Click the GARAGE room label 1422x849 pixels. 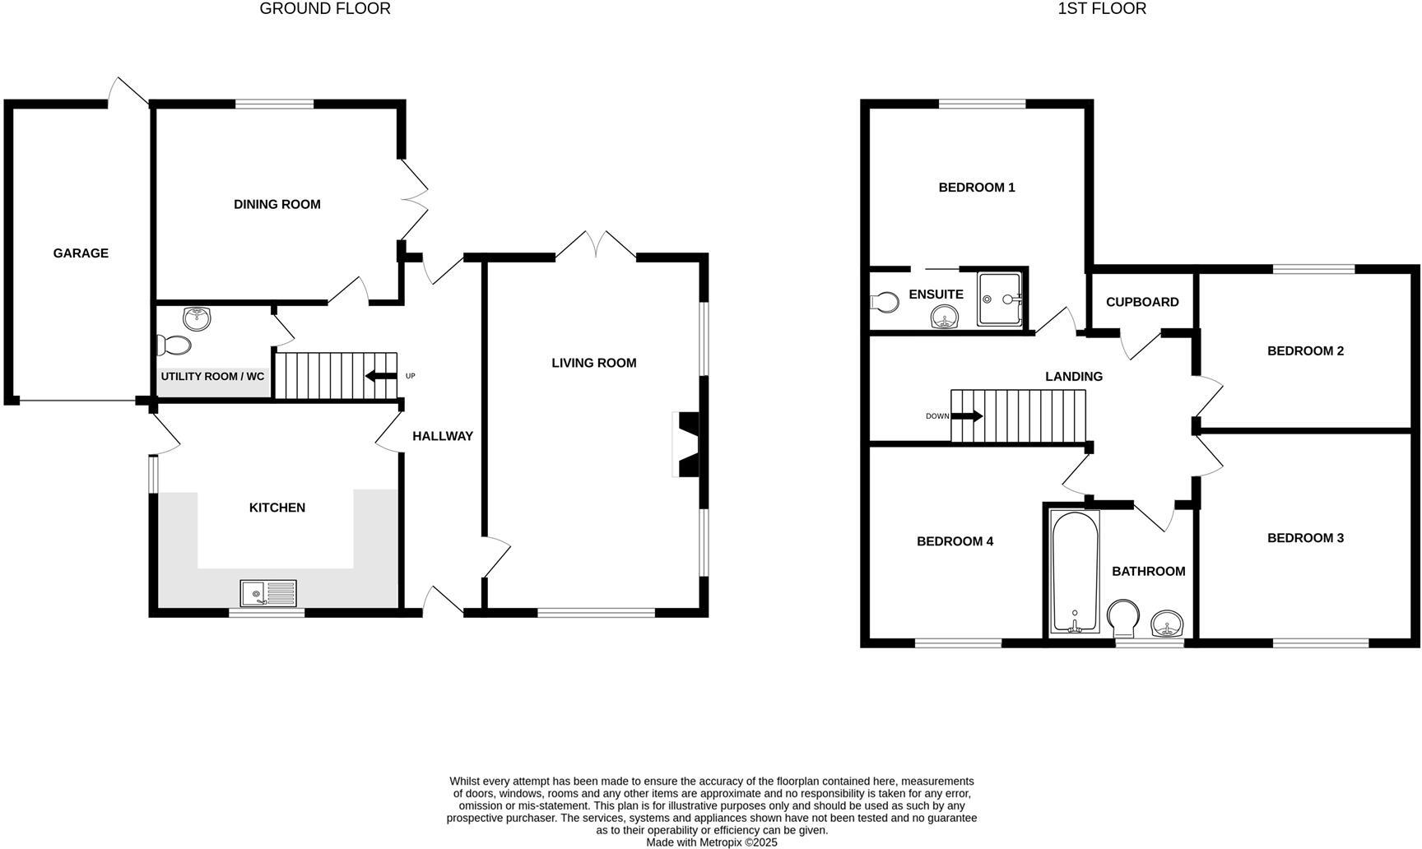coord(81,253)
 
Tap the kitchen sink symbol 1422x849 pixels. coord(268,593)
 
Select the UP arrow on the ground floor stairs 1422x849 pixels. coord(380,376)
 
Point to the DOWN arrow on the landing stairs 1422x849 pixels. coord(967,416)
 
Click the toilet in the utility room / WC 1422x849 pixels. coord(174,345)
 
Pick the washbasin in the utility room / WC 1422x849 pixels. coord(197,317)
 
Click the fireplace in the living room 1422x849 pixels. coord(685,444)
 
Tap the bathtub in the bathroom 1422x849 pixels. coord(1075,572)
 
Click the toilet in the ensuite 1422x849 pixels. coord(885,303)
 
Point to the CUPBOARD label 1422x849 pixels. coord(1141,302)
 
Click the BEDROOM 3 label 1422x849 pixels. coord(1305,538)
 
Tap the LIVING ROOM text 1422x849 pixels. coord(593,363)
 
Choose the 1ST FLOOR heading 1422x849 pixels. coord(1102,9)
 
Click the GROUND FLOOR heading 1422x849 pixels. coord(325,9)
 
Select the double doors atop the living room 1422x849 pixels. coord(596,245)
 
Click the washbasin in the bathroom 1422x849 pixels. coord(1167,625)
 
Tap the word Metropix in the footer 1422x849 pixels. coord(720,842)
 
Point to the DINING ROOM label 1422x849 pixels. coord(276,204)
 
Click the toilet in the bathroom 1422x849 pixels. coord(1122,619)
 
